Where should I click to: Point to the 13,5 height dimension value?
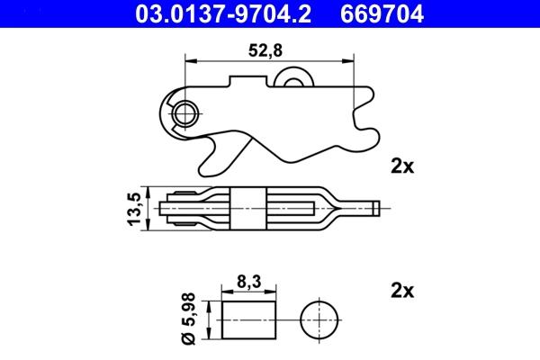click(x=135, y=209)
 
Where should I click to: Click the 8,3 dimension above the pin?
click(x=247, y=283)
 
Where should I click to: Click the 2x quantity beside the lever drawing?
click(x=401, y=166)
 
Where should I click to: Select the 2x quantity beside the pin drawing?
click(x=401, y=291)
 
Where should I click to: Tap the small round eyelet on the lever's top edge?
click(x=292, y=82)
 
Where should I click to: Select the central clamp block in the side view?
click(x=249, y=208)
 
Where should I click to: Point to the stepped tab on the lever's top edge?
click(x=247, y=82)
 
